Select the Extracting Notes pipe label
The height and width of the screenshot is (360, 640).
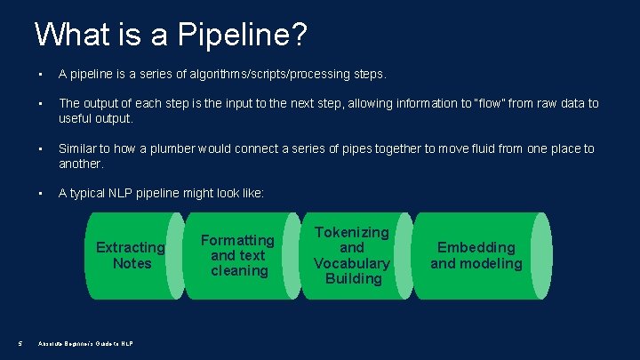132,255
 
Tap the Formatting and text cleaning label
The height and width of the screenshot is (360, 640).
238,255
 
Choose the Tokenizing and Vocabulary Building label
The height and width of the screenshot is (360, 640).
352,255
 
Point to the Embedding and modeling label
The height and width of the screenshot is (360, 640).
476,255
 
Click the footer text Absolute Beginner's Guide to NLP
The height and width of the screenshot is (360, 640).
85,344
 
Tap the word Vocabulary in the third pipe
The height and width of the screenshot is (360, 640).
352,263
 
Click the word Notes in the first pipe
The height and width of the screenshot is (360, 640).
132,263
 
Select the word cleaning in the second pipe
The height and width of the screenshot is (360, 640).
239,270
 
